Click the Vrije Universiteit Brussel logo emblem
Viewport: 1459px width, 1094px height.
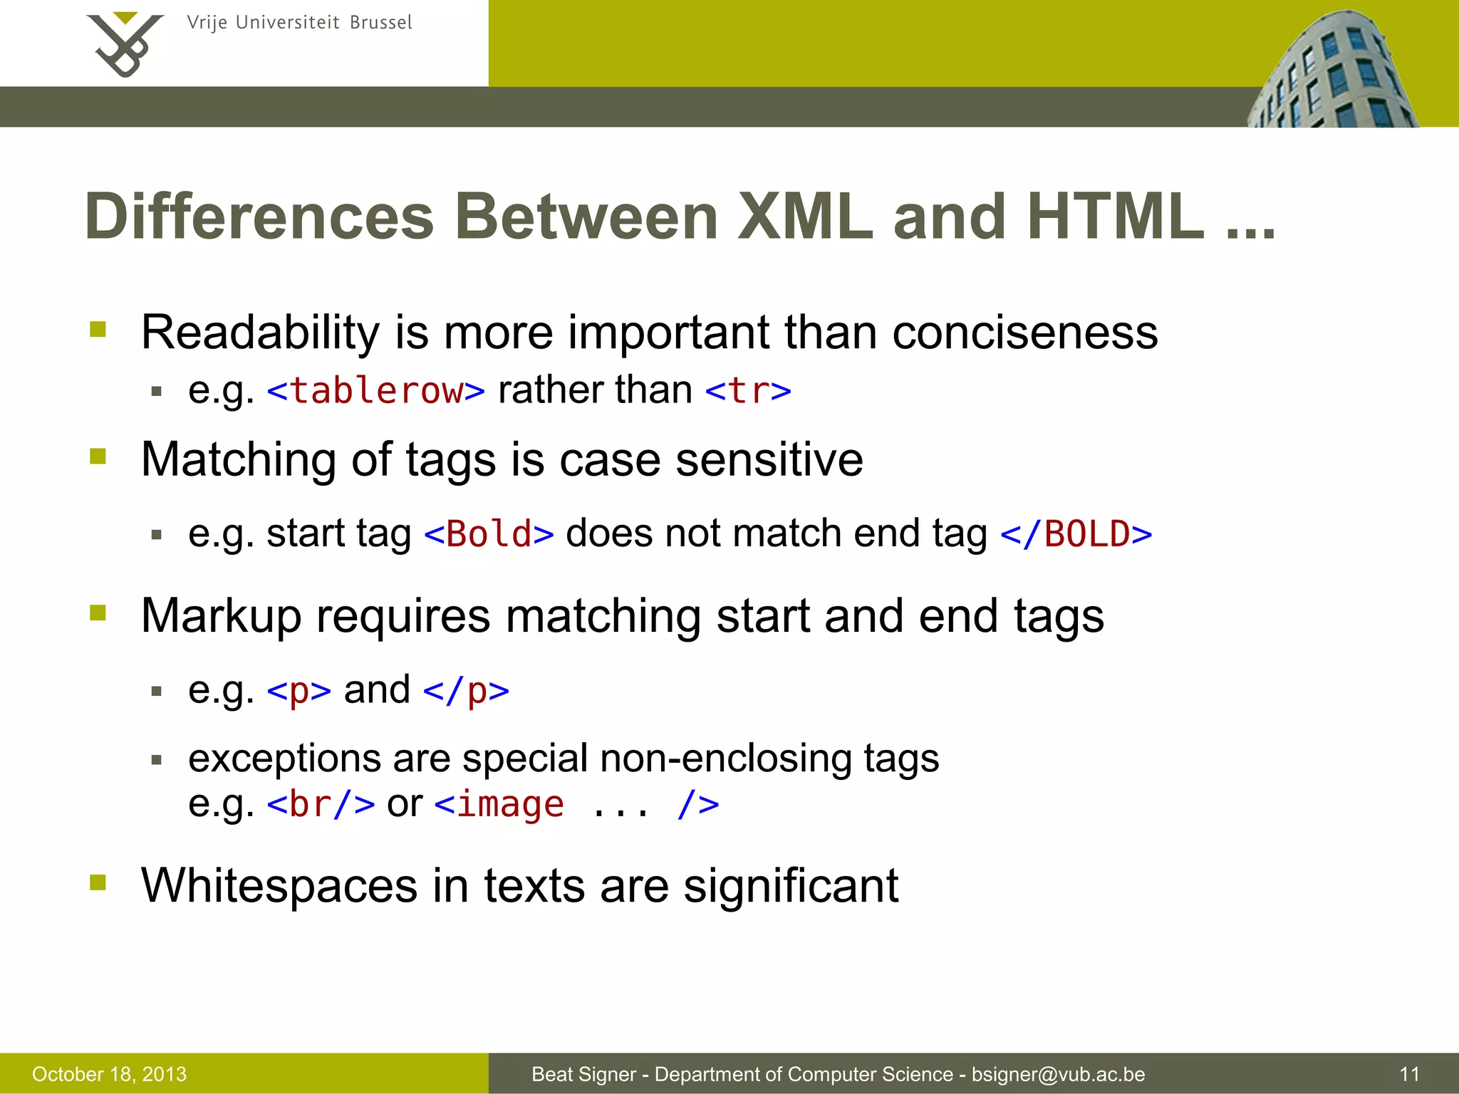coord(125,44)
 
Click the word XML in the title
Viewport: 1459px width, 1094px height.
coord(805,217)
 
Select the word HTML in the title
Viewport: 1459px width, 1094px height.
coord(1116,217)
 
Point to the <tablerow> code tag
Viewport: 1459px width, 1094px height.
coord(376,391)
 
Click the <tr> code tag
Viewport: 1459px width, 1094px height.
coord(748,391)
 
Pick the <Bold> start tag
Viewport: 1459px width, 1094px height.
coord(489,534)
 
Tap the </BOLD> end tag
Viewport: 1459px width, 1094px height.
coord(1076,534)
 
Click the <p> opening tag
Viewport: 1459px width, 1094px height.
coord(299,691)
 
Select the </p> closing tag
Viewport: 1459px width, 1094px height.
coord(466,691)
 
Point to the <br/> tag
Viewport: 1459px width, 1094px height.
coord(321,805)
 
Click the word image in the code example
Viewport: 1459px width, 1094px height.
coord(510,805)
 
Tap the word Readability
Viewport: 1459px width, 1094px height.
coord(261,333)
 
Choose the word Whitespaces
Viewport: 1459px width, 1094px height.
coord(279,886)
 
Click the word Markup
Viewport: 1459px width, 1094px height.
coord(221,616)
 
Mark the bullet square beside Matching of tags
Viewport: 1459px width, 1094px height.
coord(98,456)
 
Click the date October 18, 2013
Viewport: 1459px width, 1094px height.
coord(109,1074)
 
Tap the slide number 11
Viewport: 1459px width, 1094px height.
coord(1409,1074)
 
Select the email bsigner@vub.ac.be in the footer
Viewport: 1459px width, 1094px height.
coord(1058,1074)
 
